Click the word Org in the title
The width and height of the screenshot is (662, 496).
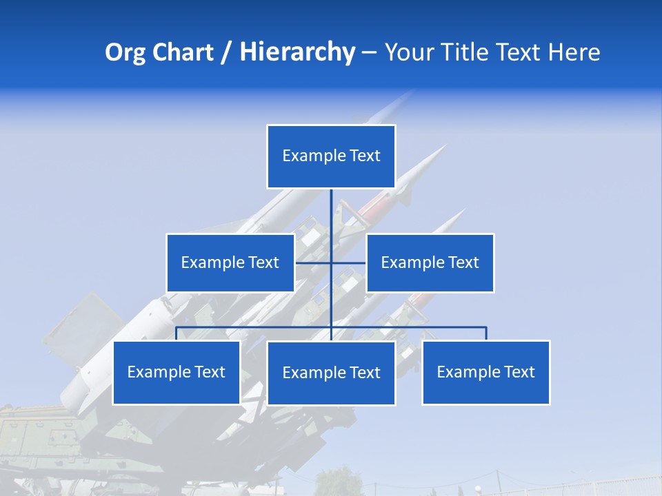(x=125, y=52)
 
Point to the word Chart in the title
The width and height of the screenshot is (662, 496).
(x=183, y=52)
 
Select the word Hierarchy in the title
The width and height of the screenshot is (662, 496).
(x=297, y=52)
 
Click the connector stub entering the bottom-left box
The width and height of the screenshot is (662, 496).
(x=177, y=333)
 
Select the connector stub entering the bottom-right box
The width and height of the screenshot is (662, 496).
(x=485, y=333)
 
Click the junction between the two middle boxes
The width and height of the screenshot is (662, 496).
(x=331, y=262)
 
